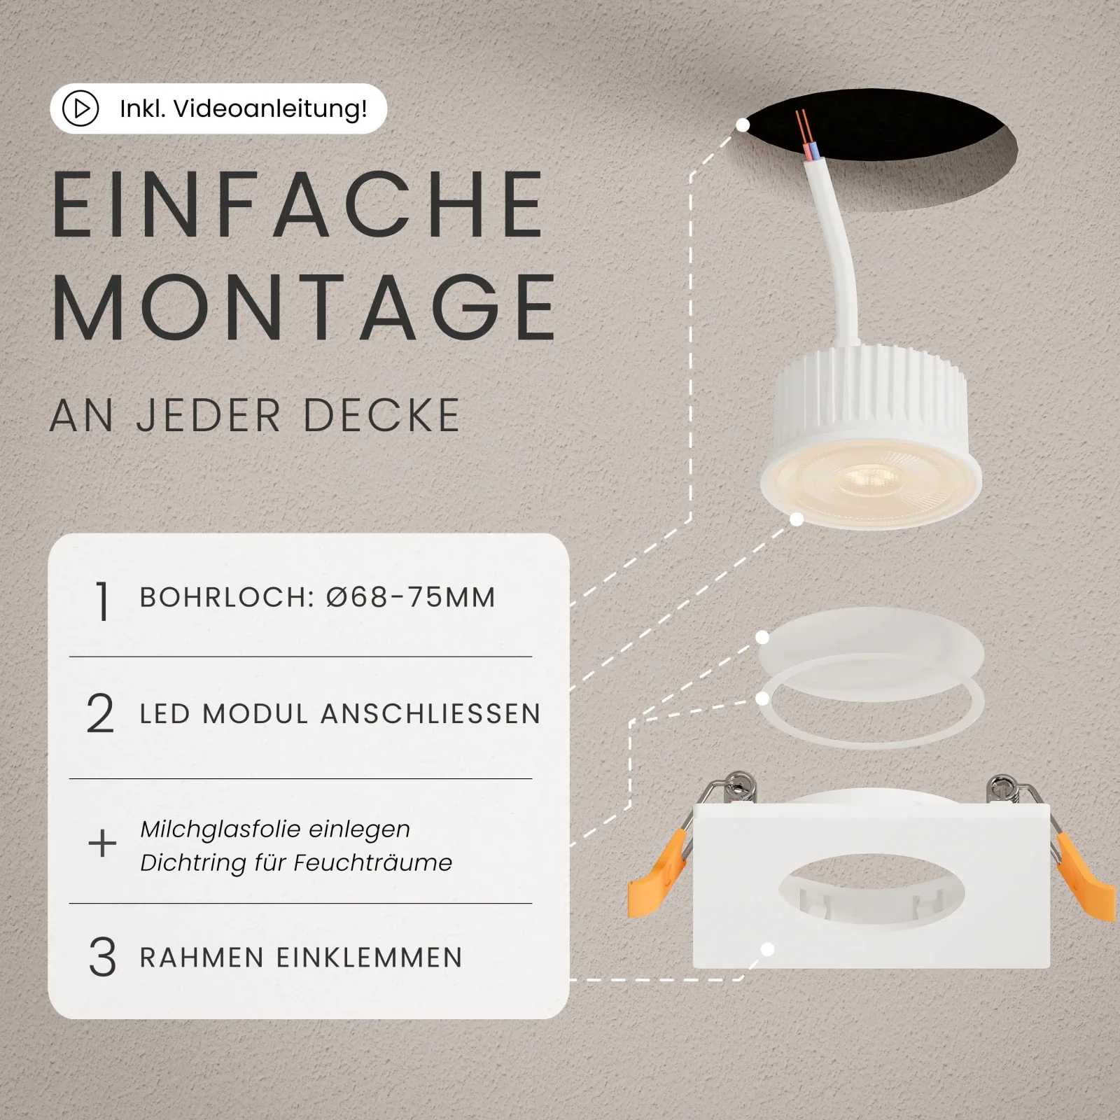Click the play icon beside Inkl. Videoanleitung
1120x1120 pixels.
[x=80, y=108]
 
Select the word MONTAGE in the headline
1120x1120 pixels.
[x=304, y=307]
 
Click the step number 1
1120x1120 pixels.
[x=103, y=601]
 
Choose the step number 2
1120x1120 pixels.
[x=100, y=714]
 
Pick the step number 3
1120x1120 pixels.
[x=102, y=958]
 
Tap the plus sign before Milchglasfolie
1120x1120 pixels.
[x=102, y=843]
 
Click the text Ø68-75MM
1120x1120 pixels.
[x=411, y=597]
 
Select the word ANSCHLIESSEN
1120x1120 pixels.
[x=431, y=714]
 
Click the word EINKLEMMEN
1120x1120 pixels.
[x=370, y=958]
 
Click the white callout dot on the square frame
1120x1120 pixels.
[x=768, y=950]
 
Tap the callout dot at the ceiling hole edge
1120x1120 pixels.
[x=743, y=125]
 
